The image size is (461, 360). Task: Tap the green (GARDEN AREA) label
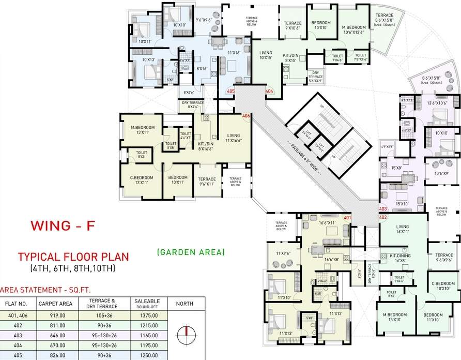pos(191,252)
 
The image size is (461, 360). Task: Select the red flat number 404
pos(269,92)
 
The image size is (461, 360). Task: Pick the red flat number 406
pos(246,116)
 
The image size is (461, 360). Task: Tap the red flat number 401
pos(347,218)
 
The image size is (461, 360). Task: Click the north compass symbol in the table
pos(183,335)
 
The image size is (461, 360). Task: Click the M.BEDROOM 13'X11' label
pos(140,130)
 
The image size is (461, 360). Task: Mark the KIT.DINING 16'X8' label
pos(404,258)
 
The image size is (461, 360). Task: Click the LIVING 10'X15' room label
pos(266,55)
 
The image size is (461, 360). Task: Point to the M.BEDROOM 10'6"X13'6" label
pos(354,31)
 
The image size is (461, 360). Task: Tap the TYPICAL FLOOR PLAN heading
pos(73,257)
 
